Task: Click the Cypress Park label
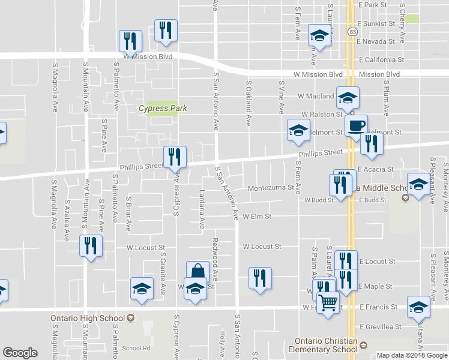click(163, 109)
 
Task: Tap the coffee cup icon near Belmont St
click(356, 126)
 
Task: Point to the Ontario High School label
click(91, 318)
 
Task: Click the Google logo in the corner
click(20, 353)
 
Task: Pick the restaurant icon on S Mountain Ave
click(91, 246)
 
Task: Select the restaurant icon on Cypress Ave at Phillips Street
click(175, 157)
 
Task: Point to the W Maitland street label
click(316, 96)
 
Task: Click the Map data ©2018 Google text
click(411, 355)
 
